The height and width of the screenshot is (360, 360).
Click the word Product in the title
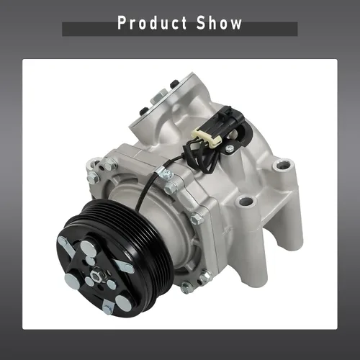click(x=152, y=23)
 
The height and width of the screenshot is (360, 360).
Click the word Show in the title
click(x=219, y=23)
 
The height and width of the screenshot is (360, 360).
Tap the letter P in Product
click(x=122, y=23)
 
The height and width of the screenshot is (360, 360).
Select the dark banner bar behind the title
click(x=180, y=29)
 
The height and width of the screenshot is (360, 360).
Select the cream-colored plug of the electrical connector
click(x=207, y=138)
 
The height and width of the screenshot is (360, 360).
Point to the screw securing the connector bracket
click(x=230, y=149)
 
